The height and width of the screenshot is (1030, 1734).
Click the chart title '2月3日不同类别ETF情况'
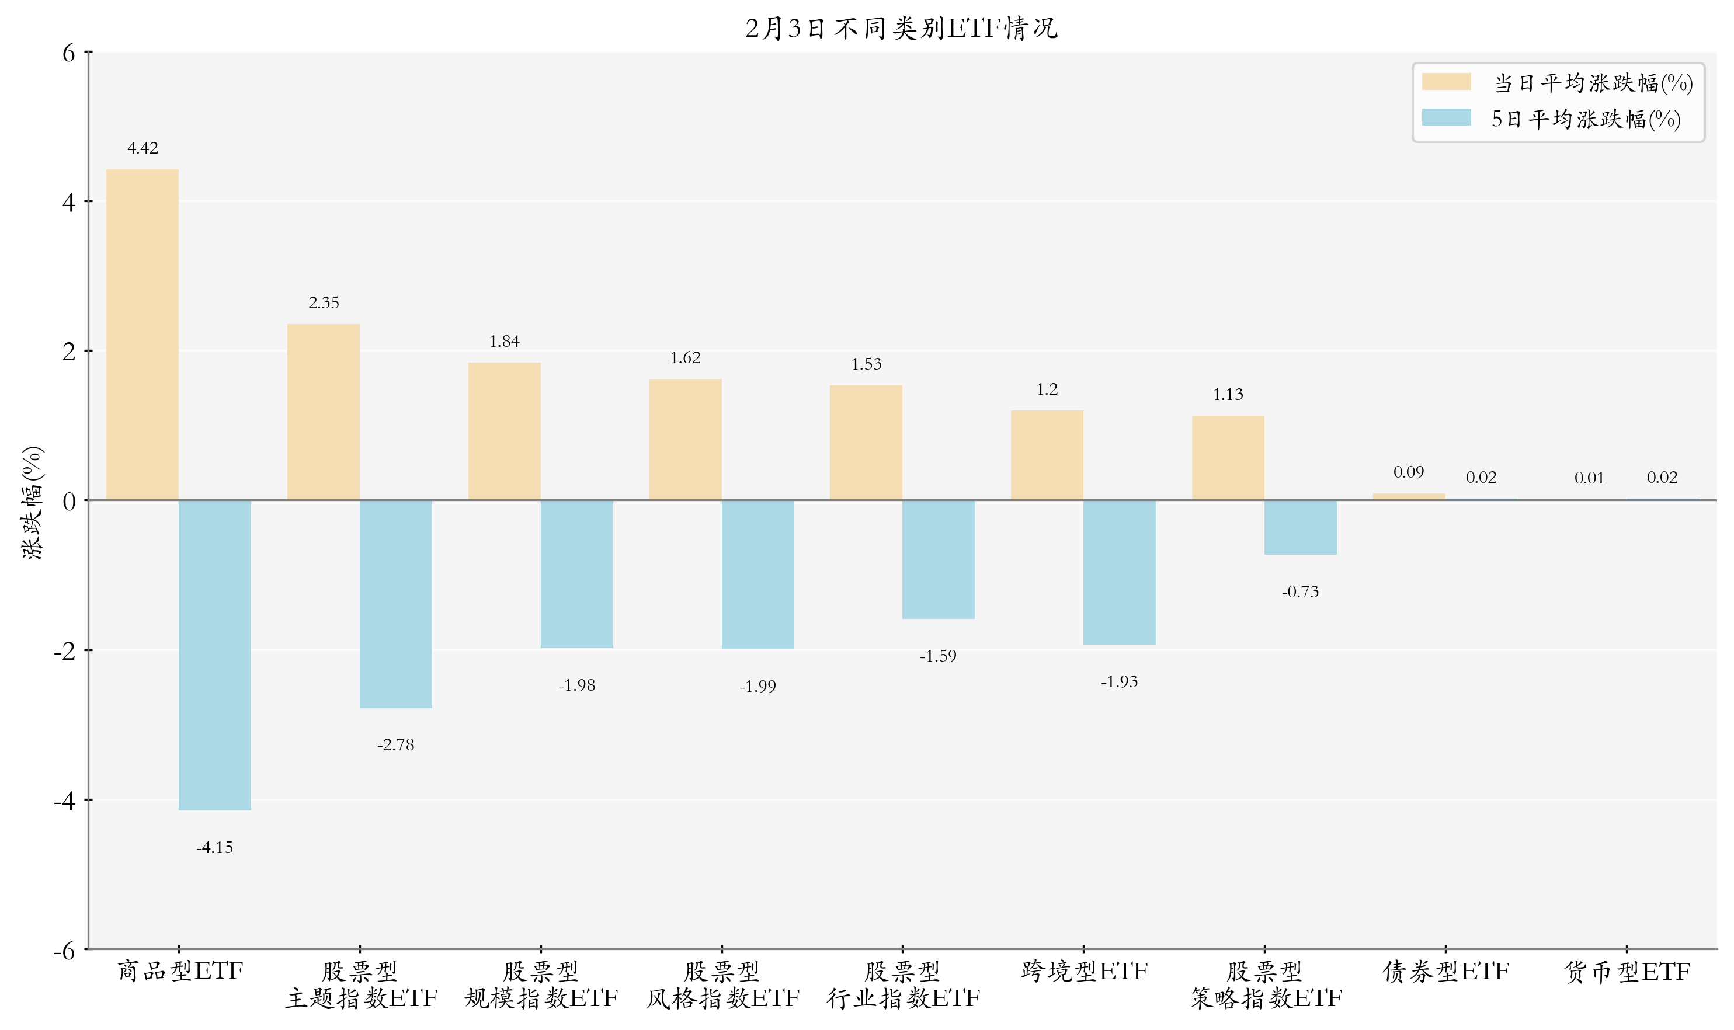(901, 29)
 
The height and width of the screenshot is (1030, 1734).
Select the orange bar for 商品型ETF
(143, 335)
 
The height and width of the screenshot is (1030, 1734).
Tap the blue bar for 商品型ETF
(214, 655)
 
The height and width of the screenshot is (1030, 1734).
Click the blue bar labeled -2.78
(395, 604)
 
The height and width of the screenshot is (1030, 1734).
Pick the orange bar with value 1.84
(504, 431)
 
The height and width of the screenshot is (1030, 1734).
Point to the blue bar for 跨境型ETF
(1119, 572)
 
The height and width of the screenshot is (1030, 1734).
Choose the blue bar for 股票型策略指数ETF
(1300, 527)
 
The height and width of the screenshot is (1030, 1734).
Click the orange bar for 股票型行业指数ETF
(866, 442)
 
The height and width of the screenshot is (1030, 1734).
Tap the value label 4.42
(143, 148)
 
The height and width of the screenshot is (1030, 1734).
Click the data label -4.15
(214, 847)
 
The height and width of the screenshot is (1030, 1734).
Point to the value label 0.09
(1409, 472)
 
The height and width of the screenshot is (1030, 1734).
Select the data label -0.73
(1300, 591)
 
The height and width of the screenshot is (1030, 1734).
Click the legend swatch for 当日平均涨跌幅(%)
(1446, 82)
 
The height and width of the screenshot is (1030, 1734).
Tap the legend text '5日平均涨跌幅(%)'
(1586, 119)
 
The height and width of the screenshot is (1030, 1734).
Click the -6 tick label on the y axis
(65, 950)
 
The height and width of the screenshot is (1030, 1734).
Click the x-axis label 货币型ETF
(1627, 971)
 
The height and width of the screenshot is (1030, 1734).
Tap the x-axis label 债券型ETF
(1445, 971)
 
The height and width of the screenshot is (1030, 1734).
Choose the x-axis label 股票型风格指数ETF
(722, 984)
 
